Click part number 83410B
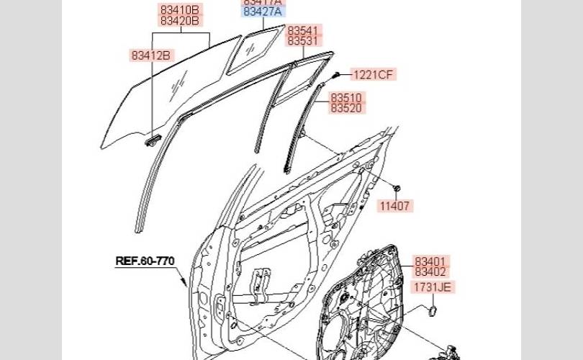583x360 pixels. click(181, 10)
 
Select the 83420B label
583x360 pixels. click(181, 21)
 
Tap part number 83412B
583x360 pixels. click(151, 55)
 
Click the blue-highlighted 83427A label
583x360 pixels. click(264, 12)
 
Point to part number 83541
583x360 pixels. click(302, 31)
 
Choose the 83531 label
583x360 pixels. click(302, 41)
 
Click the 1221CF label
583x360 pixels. click(374, 74)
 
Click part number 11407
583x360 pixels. click(394, 207)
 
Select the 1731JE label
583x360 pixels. click(433, 287)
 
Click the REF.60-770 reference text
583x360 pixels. click(145, 261)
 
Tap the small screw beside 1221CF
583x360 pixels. click(335, 75)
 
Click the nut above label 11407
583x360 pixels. click(396, 186)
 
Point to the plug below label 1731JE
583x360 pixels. click(433, 310)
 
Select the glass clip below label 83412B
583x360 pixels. click(152, 141)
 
